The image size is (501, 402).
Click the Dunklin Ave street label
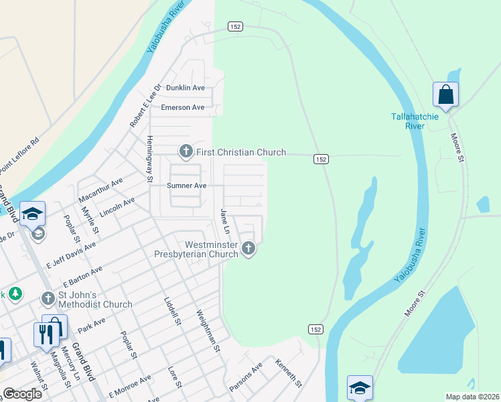185,88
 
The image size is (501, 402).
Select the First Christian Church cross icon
186,153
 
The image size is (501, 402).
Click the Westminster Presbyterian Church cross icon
248,249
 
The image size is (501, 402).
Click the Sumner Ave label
186,186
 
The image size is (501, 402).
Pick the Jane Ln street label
226,221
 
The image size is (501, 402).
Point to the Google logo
23,394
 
